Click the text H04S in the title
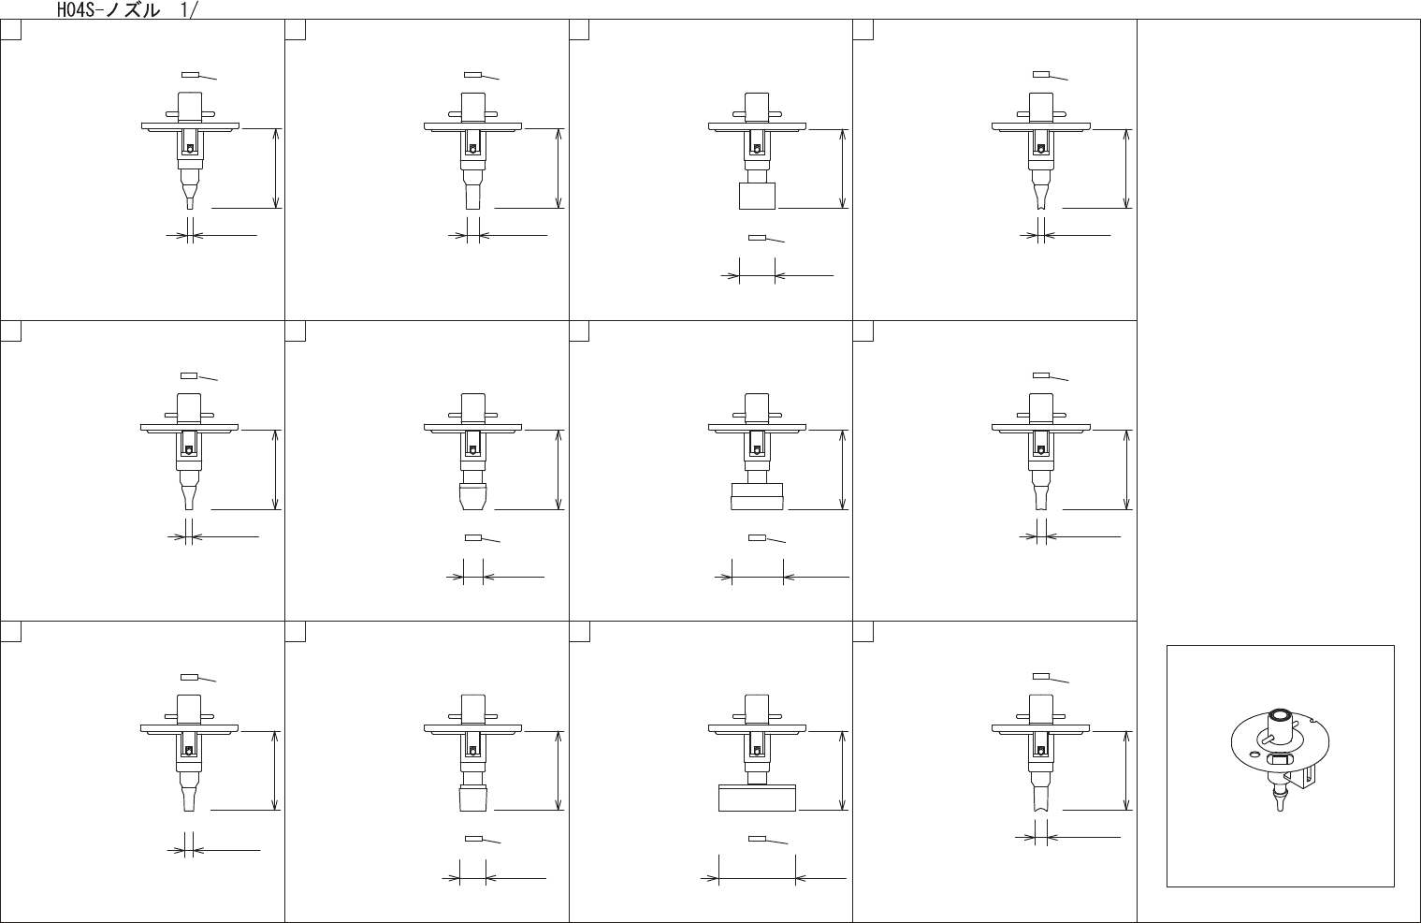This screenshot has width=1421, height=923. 74,10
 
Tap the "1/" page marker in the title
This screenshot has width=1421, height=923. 188,10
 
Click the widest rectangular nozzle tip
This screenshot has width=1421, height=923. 757,798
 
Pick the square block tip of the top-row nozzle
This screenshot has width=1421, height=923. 757,196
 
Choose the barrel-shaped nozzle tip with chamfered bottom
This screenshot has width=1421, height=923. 473,495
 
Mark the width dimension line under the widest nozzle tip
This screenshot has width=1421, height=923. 757,879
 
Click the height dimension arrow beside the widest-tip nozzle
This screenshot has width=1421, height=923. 843,770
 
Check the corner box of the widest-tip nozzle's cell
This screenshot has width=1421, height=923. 579,632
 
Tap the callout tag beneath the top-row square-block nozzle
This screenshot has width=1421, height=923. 758,238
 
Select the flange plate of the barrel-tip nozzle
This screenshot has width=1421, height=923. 472,427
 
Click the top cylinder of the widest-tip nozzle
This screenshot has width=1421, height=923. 756,708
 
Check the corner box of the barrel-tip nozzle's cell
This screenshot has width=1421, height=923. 295,331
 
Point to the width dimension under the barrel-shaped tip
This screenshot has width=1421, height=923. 473,577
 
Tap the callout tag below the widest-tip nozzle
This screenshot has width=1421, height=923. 758,839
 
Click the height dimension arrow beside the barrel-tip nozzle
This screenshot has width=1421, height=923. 558,469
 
